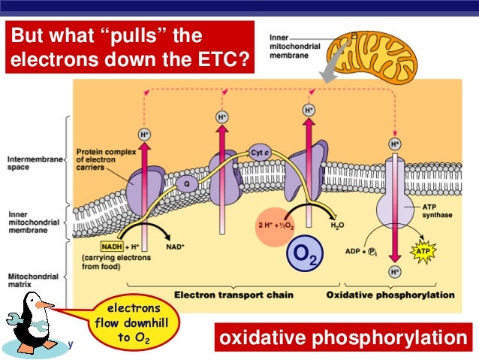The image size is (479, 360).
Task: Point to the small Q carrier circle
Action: pyautogui.click(x=186, y=181)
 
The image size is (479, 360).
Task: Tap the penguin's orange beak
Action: pyautogui.click(x=47, y=306)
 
